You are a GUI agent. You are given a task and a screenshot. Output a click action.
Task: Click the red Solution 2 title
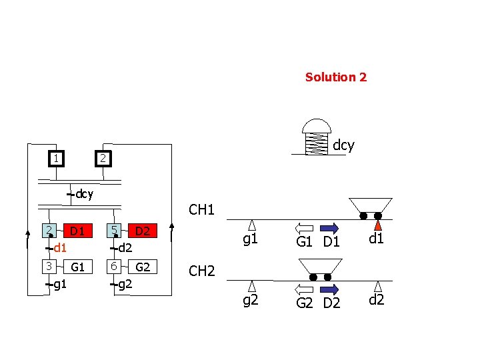tap(335, 77)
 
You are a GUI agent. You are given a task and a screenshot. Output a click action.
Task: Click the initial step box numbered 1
tap(58, 159)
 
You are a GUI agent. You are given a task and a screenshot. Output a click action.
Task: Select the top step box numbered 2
tap(101, 159)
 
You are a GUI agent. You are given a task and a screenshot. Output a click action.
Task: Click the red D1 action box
tap(78, 231)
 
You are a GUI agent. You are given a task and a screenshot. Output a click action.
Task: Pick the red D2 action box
tap(141, 231)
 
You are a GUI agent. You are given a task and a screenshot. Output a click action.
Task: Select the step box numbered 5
tap(116, 231)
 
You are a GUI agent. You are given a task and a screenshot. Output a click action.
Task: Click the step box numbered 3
tap(49, 266)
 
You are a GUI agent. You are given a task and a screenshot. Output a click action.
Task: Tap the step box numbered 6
tap(116, 266)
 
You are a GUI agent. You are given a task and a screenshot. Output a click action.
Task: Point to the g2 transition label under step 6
tap(124, 285)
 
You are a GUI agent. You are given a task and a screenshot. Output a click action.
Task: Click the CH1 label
tap(201, 210)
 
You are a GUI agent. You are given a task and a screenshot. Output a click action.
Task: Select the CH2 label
tap(201, 271)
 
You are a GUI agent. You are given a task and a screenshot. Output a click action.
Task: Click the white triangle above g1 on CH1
tap(252, 225)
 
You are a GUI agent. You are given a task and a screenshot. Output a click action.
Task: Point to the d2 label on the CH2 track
tap(377, 301)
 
